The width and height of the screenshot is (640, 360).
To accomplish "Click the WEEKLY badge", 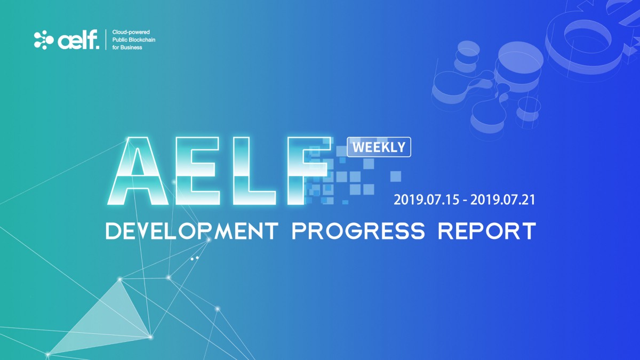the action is point(379,147).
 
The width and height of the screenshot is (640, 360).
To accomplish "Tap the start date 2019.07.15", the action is point(426,199).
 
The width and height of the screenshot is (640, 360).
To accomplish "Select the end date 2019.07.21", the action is point(502,199).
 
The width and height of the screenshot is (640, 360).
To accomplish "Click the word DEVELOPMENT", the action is point(192,231).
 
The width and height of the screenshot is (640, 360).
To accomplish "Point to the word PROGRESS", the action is point(358,231).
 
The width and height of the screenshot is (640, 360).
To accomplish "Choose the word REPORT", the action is point(487,231).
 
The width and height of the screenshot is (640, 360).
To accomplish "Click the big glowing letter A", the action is point(138,171).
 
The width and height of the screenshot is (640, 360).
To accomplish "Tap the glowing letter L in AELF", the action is point(254,171).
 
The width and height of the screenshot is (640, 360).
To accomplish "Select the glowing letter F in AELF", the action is point(309,171).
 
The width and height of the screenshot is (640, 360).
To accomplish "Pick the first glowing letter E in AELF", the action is point(198,171).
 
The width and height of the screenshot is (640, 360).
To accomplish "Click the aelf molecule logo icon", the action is point(44,39).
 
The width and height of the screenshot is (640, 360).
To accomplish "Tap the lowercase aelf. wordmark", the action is point(78,39).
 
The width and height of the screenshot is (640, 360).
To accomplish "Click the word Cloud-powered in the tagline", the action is point(131,32).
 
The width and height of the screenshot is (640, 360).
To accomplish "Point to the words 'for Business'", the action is point(127,47).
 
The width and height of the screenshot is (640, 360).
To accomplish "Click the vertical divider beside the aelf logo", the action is point(106,39).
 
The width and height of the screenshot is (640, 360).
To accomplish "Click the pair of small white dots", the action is point(195,258).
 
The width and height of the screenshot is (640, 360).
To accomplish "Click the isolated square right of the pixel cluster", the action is point(396,177).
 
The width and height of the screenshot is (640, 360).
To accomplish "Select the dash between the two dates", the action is point(465,201).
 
